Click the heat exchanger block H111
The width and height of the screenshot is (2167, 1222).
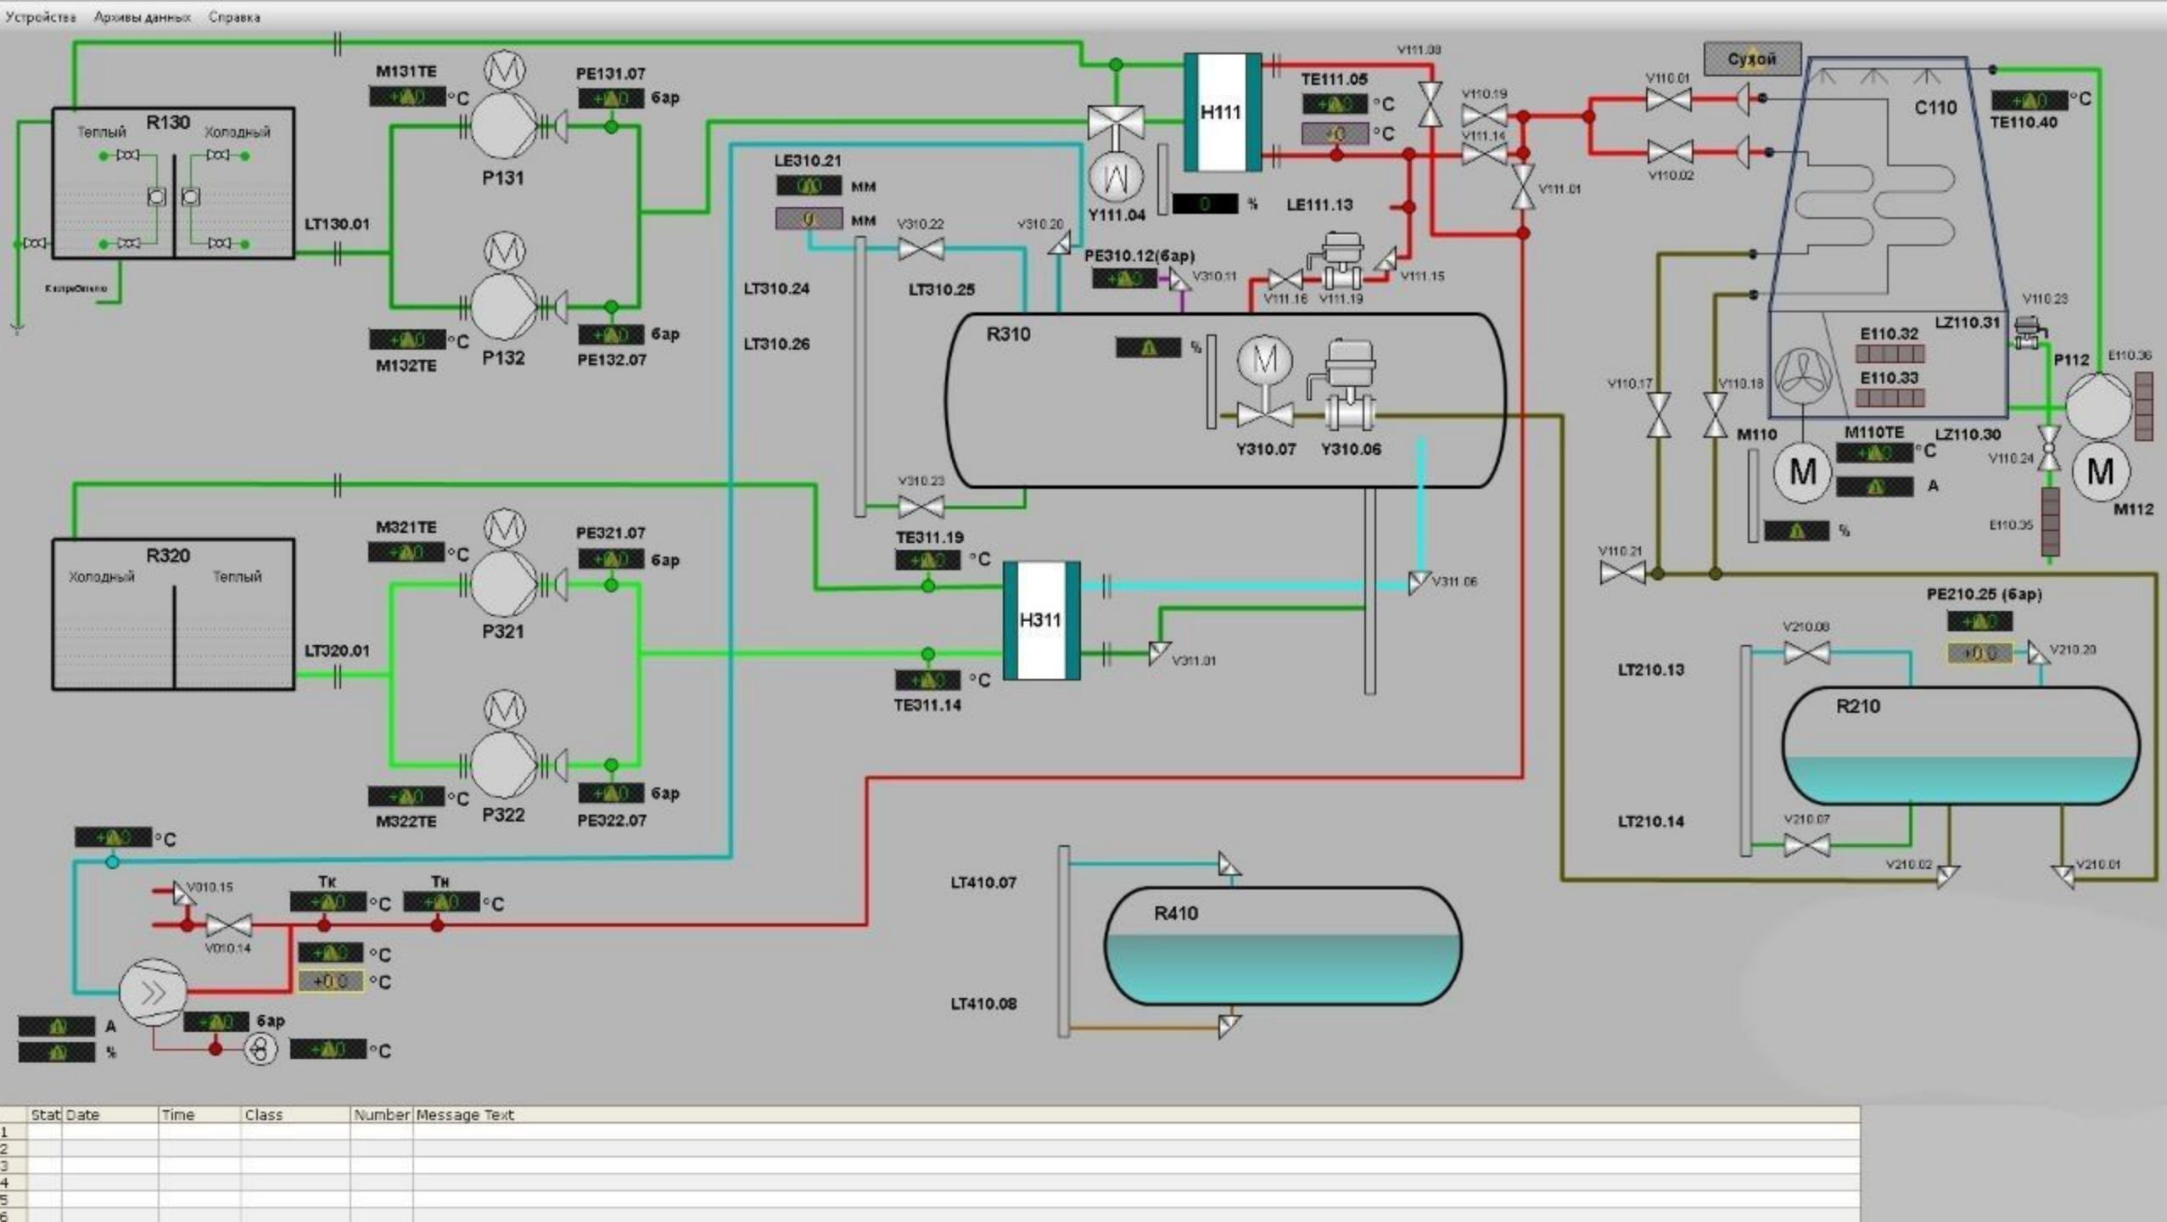[x=1221, y=112]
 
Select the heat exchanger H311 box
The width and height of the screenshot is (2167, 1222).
[x=1041, y=620]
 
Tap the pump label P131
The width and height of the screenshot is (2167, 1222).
[x=502, y=178]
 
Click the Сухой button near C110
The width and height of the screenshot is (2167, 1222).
[x=1751, y=59]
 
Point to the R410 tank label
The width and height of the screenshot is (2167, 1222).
[x=1175, y=914]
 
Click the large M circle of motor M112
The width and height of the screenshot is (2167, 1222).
[x=2100, y=472]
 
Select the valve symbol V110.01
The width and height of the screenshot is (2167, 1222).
[x=1668, y=100]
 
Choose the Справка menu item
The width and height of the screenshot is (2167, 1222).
[x=234, y=17]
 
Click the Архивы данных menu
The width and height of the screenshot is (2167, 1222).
[x=142, y=17]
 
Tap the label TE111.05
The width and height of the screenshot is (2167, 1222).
[x=1334, y=80]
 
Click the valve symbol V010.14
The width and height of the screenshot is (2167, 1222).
[x=228, y=925]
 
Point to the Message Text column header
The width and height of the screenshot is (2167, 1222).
[x=465, y=1115]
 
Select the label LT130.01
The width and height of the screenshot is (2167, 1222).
[x=337, y=224]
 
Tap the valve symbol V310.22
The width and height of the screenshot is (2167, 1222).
[x=921, y=249]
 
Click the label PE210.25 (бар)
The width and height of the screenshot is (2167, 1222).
[x=1984, y=595]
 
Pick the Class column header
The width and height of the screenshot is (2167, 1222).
[x=263, y=1115]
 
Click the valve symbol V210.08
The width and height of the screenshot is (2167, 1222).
[x=1806, y=653]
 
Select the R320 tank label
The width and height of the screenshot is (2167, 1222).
[x=168, y=556]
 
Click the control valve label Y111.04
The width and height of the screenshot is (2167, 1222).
[x=1117, y=216]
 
